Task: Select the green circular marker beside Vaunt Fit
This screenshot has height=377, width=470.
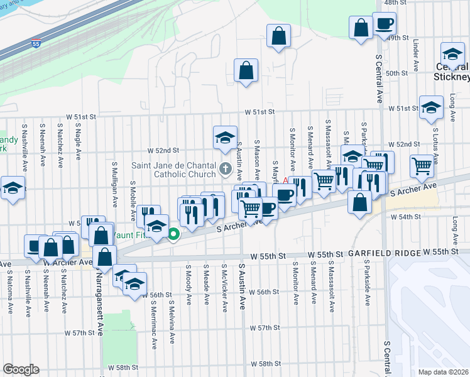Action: (174, 236)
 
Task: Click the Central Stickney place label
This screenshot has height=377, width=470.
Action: (452, 72)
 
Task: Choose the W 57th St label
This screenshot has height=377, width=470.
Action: (264, 328)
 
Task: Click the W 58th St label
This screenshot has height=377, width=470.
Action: (264, 364)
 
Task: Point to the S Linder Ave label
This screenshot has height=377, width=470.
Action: (416, 55)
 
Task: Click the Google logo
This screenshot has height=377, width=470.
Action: (21, 369)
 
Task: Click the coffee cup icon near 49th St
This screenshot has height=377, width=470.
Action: (384, 25)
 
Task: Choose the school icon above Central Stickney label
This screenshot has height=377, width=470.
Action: (452, 54)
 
